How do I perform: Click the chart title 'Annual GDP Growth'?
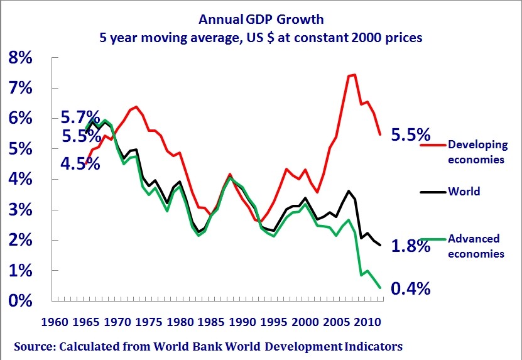pyautogui.click(x=261, y=19)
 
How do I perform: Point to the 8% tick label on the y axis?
pyautogui.click(x=20, y=58)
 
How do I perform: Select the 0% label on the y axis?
pyautogui.click(x=20, y=300)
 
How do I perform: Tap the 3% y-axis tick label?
pyautogui.click(x=20, y=210)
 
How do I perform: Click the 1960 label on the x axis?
pyautogui.click(x=55, y=322)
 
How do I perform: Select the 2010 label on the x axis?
pyautogui.click(x=367, y=322)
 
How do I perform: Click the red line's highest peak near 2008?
pyautogui.click(x=354, y=75)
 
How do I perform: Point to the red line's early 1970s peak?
pyautogui.click(x=136, y=107)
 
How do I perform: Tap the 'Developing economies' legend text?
pyautogui.click(x=477, y=152)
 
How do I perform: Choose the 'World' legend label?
pyautogui.click(x=464, y=192)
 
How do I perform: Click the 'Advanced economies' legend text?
pyautogui.click(x=476, y=246)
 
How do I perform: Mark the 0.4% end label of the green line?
pyautogui.click(x=410, y=288)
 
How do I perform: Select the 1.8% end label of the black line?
pyautogui.click(x=410, y=246)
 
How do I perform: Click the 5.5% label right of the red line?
pyautogui.click(x=410, y=135)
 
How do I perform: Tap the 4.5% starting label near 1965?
pyautogui.click(x=80, y=163)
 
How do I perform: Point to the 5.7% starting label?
pyautogui.click(x=80, y=117)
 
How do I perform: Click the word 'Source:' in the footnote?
pyautogui.click(x=35, y=346)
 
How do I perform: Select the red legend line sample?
pyautogui.click(x=433, y=145)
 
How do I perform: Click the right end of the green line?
pyautogui.click(x=380, y=287)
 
